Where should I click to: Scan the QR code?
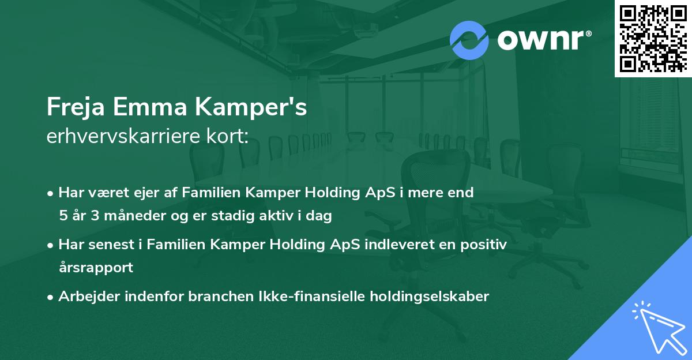pyautogui.click(x=653, y=38)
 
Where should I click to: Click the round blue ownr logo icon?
pyautogui.click(x=469, y=40)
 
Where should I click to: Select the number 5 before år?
pyautogui.click(x=62, y=216)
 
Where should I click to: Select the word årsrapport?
pyautogui.click(x=96, y=268)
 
